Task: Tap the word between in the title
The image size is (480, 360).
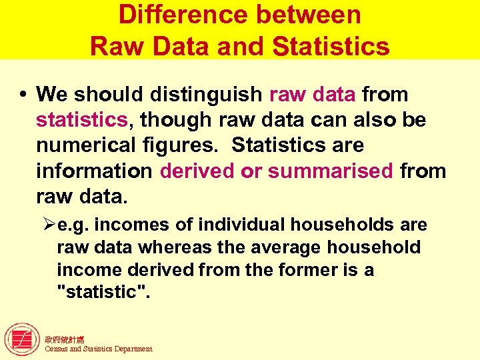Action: click(312, 15)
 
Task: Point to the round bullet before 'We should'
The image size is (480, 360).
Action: click(23, 94)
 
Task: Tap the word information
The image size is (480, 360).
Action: click(94, 171)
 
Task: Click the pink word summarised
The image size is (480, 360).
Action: click(331, 171)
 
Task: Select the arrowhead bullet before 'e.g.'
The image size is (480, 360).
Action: click(48, 225)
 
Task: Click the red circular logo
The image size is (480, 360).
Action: click(23, 339)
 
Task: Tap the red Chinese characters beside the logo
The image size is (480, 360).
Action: click(65, 340)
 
